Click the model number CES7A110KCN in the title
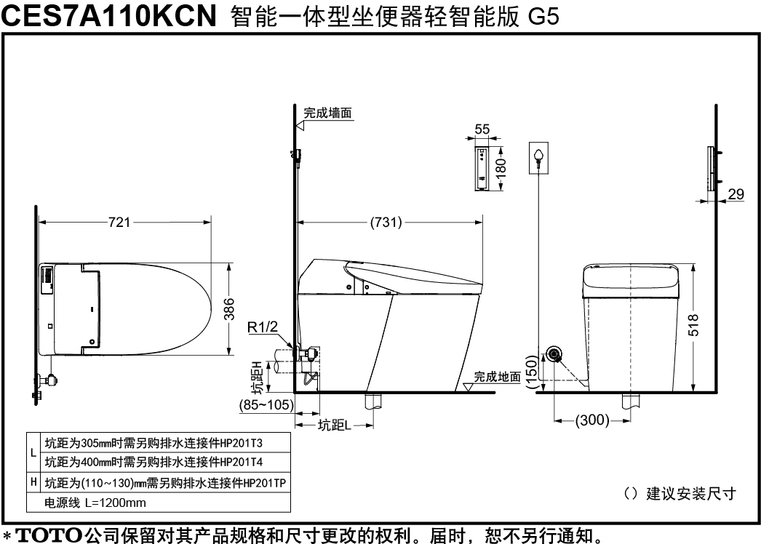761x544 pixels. point(108,15)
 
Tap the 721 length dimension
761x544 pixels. point(119,223)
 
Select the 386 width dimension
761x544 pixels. point(229,309)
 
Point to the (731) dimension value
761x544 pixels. point(386,223)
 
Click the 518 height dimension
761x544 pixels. point(694,325)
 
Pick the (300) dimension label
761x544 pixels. point(592,420)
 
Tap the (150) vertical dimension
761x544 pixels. point(532,372)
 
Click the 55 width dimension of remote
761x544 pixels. point(482,129)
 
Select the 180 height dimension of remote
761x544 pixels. point(501,168)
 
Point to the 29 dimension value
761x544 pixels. point(736,194)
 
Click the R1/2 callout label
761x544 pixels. point(263,327)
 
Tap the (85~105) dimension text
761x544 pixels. point(266,404)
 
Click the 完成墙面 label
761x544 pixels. point(327,113)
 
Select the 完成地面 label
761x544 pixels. point(497,377)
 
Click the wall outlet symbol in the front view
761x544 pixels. point(538,158)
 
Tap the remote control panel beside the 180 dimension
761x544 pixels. point(482,169)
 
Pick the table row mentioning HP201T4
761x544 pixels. point(154,462)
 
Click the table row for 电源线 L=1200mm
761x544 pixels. point(95,503)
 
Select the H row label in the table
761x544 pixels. point(33,482)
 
